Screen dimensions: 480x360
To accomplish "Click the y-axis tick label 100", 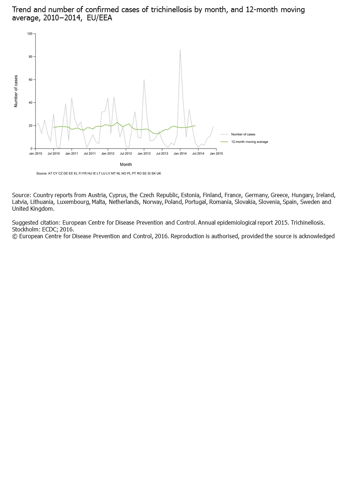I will (30, 34).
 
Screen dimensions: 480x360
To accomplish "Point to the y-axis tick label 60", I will (30, 80).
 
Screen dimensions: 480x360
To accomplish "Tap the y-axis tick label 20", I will (30, 126).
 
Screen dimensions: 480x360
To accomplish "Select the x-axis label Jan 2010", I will (35, 154).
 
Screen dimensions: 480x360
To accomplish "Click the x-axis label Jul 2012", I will (126, 154).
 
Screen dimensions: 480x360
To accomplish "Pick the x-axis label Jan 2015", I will (216, 154).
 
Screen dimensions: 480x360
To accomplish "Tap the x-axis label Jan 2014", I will (180, 154).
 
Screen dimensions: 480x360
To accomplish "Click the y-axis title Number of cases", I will (16, 91).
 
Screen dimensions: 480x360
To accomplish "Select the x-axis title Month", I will (126, 165).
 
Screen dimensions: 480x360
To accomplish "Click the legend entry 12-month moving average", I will (249, 142).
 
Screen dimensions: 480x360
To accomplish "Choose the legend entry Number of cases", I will (243, 134).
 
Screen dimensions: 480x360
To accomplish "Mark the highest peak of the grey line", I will (180, 50).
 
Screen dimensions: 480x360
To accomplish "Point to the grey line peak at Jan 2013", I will (144, 80).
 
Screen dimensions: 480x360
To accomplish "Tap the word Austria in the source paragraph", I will (97, 195).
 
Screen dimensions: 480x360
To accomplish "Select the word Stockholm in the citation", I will (25, 229).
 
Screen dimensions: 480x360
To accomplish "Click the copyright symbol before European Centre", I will (15, 236).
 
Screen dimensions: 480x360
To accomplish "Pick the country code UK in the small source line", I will (159, 174).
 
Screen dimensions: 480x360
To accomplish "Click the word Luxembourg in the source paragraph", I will (74, 202).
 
